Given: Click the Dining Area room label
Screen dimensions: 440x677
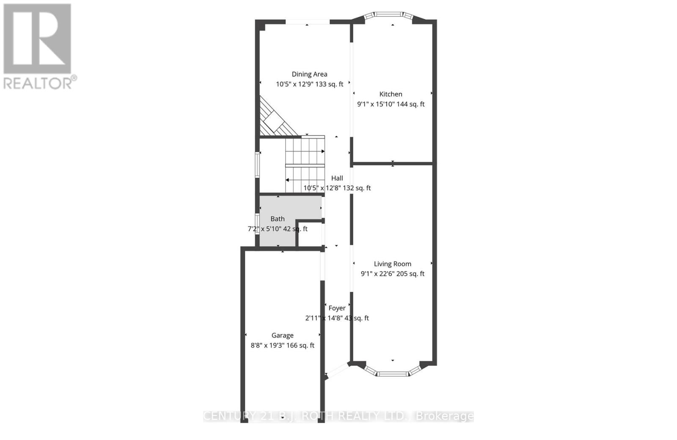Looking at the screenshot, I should click(x=309, y=74).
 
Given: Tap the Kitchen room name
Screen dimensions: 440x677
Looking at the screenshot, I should click(x=391, y=94).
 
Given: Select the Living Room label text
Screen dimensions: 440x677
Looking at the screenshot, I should click(x=392, y=264).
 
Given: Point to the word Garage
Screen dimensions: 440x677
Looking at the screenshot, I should click(x=282, y=335).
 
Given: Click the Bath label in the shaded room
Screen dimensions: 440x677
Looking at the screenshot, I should click(x=278, y=219).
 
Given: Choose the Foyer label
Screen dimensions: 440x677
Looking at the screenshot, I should click(x=337, y=308).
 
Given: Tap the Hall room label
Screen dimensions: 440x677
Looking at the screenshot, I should click(x=337, y=178).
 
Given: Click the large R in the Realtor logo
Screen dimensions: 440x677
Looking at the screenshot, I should click(x=37, y=39).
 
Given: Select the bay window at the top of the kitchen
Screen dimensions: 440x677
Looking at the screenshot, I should click(x=390, y=16).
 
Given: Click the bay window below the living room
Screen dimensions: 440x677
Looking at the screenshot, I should click(x=393, y=373).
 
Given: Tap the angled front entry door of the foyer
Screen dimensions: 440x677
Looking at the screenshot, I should click(x=338, y=371).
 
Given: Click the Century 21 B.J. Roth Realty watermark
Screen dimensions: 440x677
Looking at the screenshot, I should click(x=338, y=416).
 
